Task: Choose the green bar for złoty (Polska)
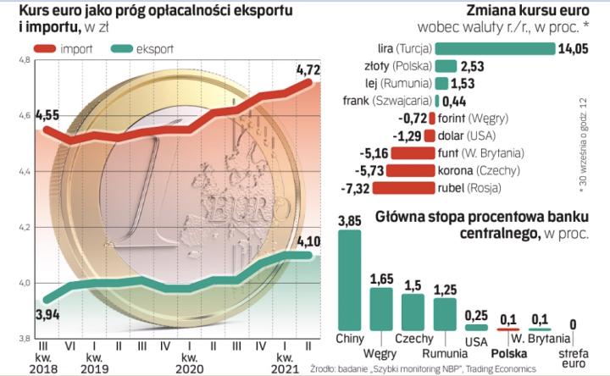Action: click(446, 66)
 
